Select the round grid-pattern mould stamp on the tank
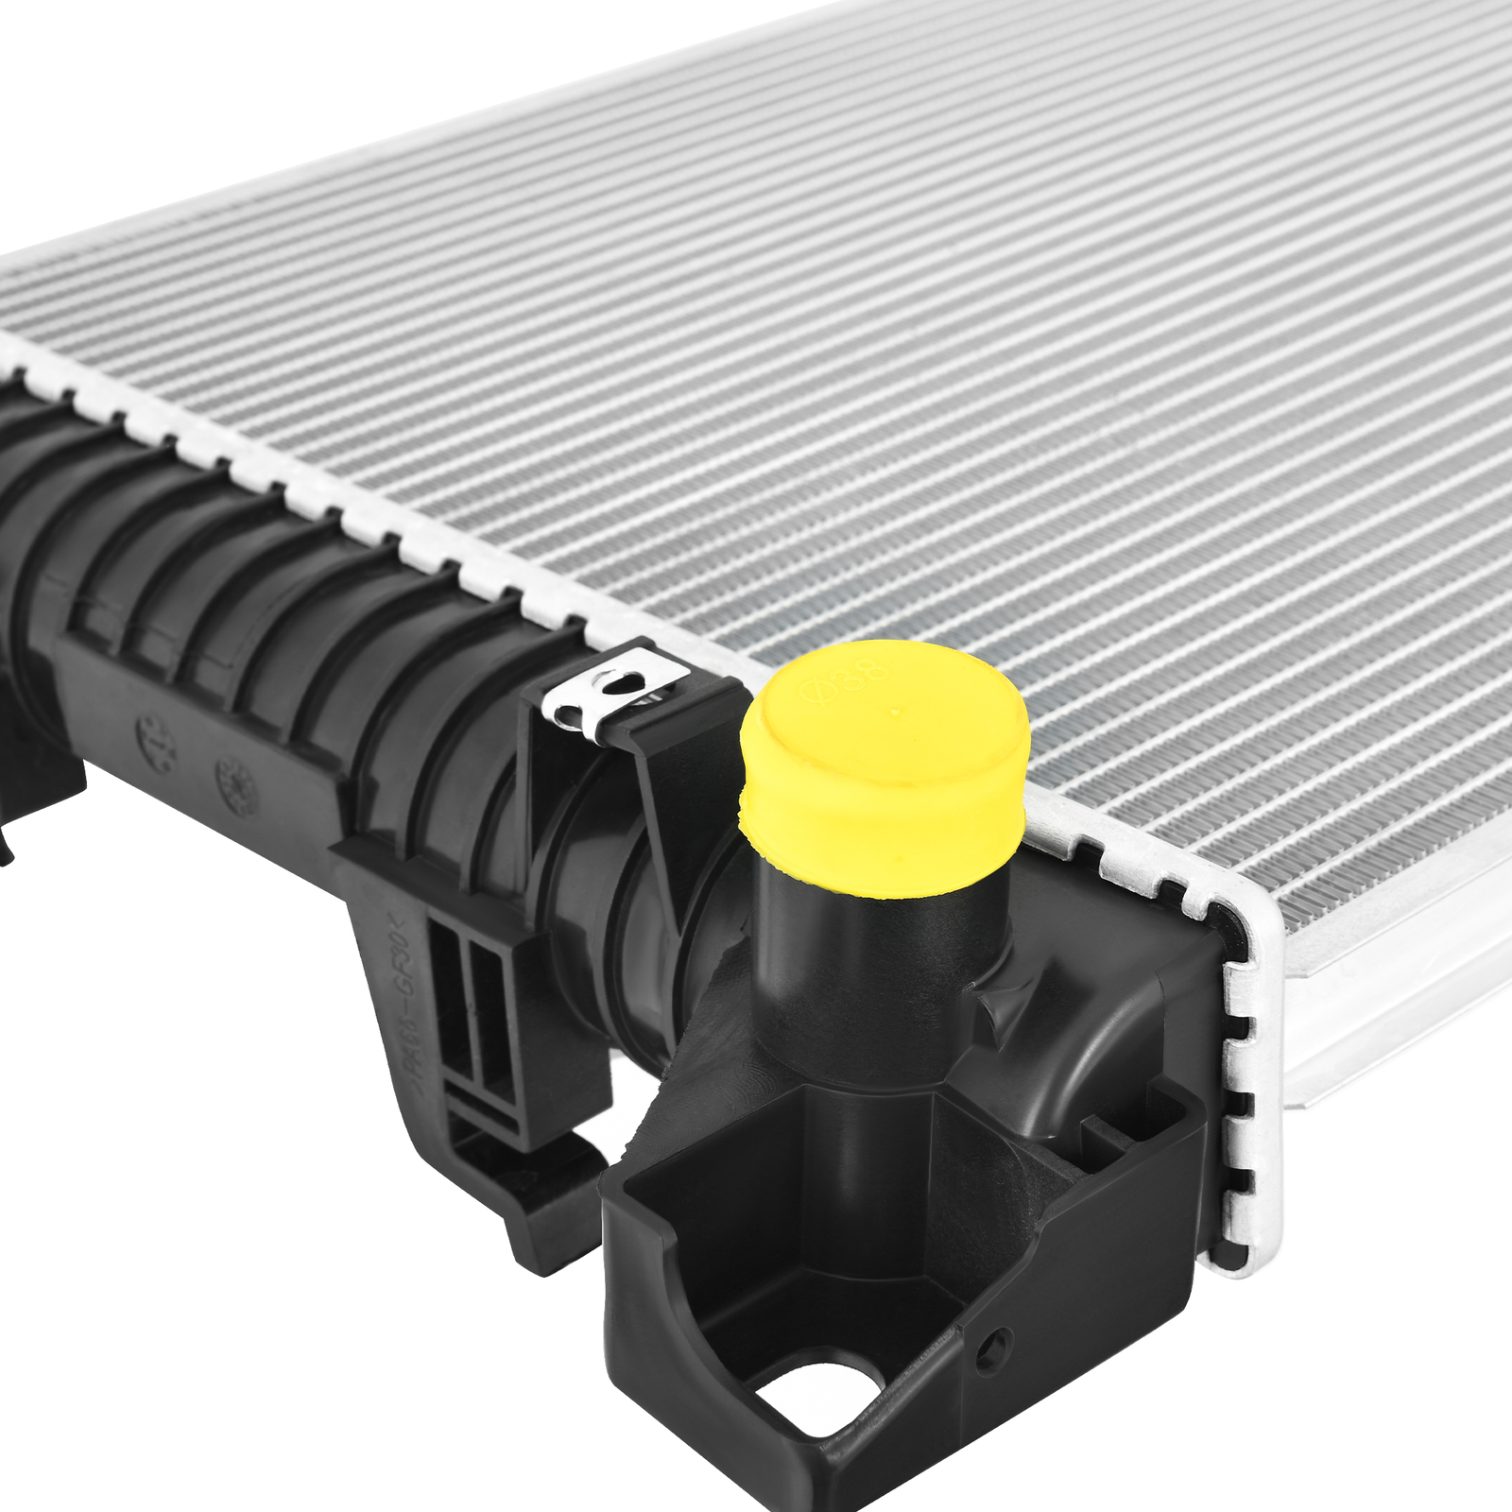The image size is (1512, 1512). coord(237,784)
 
